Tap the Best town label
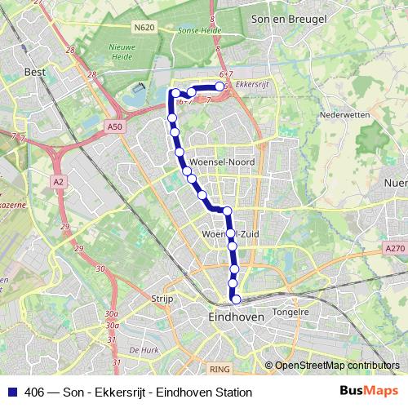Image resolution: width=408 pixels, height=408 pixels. (x=36, y=72)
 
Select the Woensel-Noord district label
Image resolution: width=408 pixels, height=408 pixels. (x=228, y=162)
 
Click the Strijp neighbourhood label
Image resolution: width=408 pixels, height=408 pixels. (x=163, y=299)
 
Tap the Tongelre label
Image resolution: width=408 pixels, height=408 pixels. (x=291, y=311)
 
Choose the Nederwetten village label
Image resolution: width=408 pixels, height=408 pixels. (x=345, y=116)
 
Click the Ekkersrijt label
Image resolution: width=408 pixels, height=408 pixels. (x=251, y=84)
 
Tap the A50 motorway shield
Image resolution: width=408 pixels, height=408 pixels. (x=116, y=127)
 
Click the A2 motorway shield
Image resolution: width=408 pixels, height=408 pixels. (x=58, y=180)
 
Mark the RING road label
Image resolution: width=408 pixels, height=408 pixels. (x=219, y=369)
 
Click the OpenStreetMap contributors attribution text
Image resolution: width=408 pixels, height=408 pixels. (x=337, y=366)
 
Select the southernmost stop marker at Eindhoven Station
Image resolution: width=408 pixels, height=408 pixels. (x=236, y=299)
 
